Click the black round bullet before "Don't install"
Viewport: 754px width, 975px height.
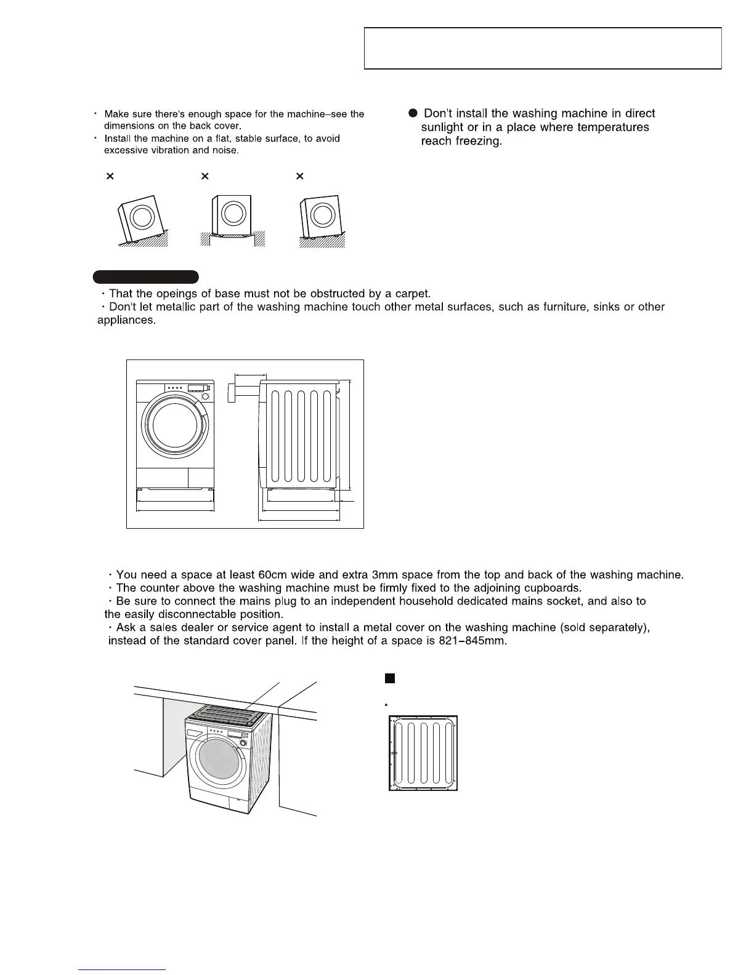[413, 113]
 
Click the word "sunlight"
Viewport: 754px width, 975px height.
[442, 127]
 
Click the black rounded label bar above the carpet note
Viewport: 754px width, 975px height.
[145, 276]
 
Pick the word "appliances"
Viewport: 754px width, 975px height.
[126, 321]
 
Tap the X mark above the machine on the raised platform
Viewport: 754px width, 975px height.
[205, 177]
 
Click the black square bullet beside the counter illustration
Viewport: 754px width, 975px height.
[389, 678]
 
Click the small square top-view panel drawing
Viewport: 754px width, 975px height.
[423, 753]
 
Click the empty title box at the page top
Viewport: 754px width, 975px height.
[543, 48]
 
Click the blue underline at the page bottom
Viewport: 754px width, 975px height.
[123, 969]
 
